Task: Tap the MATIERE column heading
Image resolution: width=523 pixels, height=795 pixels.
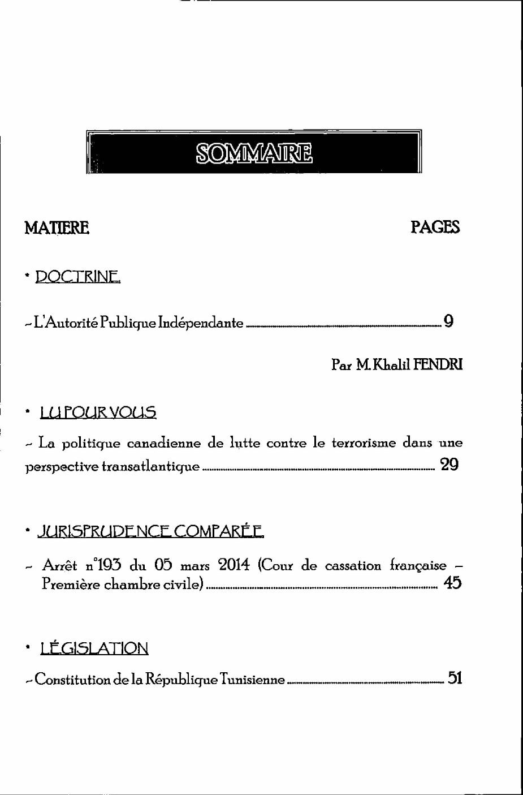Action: (x=57, y=227)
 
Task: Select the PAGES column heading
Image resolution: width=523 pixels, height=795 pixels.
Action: (x=435, y=227)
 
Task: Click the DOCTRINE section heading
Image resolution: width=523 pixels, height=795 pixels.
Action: (x=77, y=277)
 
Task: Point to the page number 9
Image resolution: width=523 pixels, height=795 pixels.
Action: (x=448, y=322)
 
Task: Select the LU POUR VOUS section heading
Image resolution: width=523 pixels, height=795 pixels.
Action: (x=98, y=412)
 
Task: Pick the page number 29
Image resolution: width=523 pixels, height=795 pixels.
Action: (x=449, y=465)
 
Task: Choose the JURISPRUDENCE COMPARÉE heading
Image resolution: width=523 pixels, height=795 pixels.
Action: (x=150, y=532)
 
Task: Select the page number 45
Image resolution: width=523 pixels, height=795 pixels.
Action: (x=453, y=583)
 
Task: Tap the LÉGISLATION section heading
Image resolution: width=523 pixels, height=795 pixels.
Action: (x=94, y=648)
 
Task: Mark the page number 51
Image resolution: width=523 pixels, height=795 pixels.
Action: (x=455, y=678)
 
